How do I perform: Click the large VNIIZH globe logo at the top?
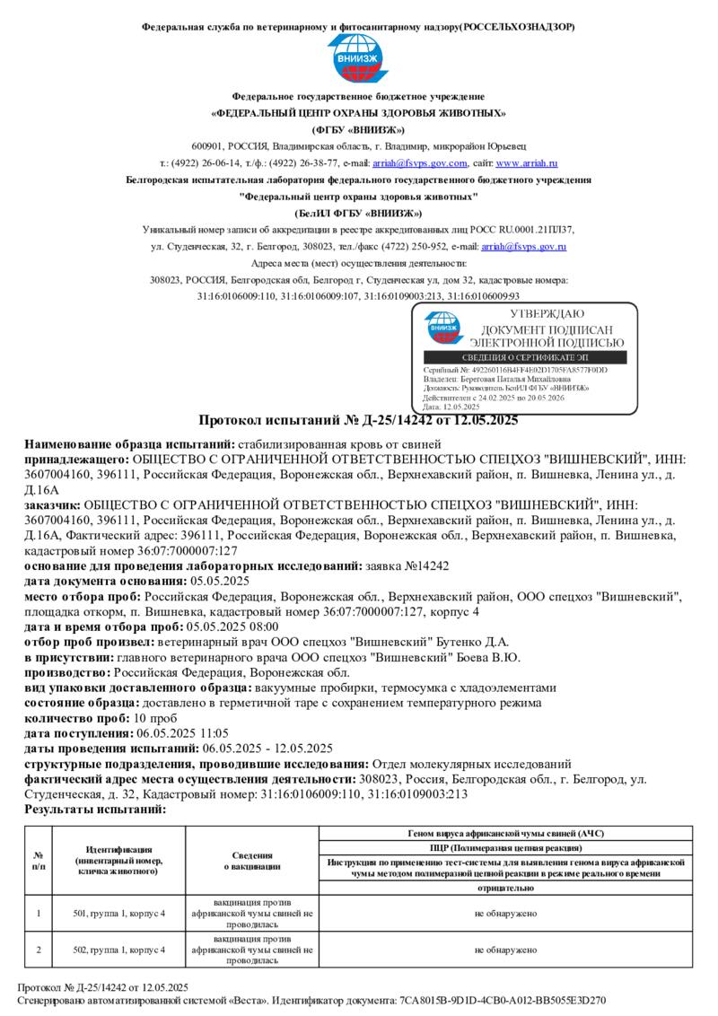(358, 60)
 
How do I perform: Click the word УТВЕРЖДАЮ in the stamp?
(547, 314)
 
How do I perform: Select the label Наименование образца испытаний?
(129, 444)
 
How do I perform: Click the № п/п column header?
(39, 861)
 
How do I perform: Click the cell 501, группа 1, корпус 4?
(119, 914)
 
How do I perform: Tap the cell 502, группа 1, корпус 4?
(119, 949)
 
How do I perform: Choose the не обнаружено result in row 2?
(506, 949)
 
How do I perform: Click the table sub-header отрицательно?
(506, 888)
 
